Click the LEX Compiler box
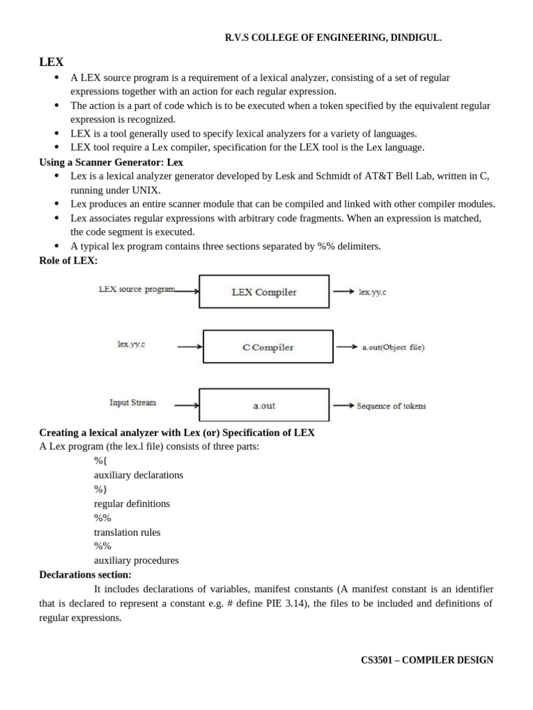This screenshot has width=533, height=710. click(x=264, y=292)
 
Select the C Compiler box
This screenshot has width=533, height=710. click(x=268, y=347)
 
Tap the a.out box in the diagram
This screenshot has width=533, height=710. click(x=264, y=405)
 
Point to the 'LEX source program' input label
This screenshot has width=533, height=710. click(x=137, y=289)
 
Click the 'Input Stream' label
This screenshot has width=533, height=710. click(x=133, y=402)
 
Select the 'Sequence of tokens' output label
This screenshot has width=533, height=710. click(x=391, y=406)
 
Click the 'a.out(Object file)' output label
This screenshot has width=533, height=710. click(x=393, y=347)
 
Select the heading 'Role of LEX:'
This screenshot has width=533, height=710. click(x=69, y=260)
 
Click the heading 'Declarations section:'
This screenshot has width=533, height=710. click(x=85, y=575)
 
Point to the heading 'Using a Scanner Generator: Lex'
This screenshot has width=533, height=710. click(x=111, y=162)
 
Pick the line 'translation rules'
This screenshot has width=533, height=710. click(x=127, y=532)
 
